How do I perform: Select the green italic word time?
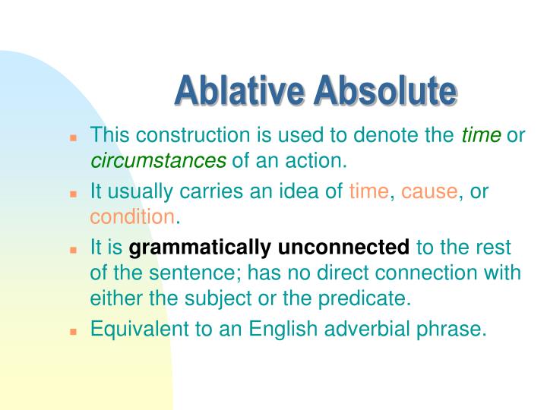482,136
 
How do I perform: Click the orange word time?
368,192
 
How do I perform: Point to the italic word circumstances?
159,161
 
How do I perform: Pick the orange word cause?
429,192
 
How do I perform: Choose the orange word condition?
132,217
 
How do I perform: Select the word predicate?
372,298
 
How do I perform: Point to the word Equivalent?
133,330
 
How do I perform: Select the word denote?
386,136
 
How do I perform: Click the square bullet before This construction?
74,138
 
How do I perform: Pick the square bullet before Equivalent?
74,332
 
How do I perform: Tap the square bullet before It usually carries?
74,194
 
